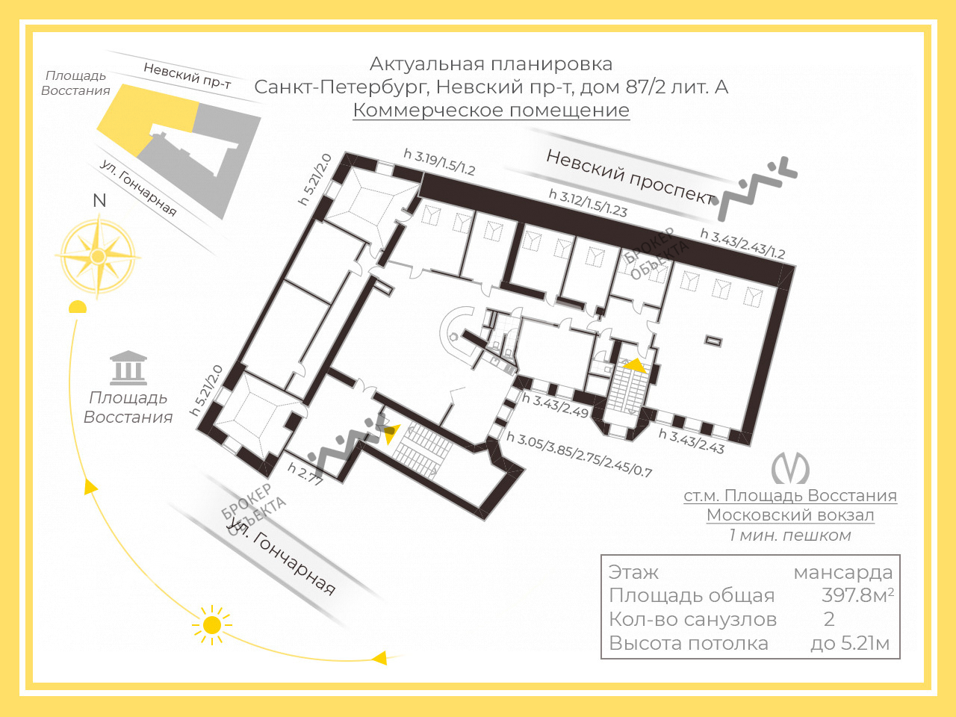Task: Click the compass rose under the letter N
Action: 98,256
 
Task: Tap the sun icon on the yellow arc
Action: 212,625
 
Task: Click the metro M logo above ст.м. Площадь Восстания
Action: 790,468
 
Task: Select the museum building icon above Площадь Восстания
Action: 128,368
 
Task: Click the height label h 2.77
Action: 305,474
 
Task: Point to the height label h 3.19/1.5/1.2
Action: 439,162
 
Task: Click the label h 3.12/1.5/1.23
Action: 588,203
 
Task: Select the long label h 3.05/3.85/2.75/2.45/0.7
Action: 580,455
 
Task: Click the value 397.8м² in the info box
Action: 857,595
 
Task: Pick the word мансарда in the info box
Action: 843,572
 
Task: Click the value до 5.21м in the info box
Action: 850,643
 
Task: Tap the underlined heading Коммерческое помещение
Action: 491,110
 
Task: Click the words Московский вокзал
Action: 790,515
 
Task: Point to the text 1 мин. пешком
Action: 790,535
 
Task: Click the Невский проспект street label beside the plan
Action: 630,177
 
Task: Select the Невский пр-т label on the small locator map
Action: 187,75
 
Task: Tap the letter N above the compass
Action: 100,201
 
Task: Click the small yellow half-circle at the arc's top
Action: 78,307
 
